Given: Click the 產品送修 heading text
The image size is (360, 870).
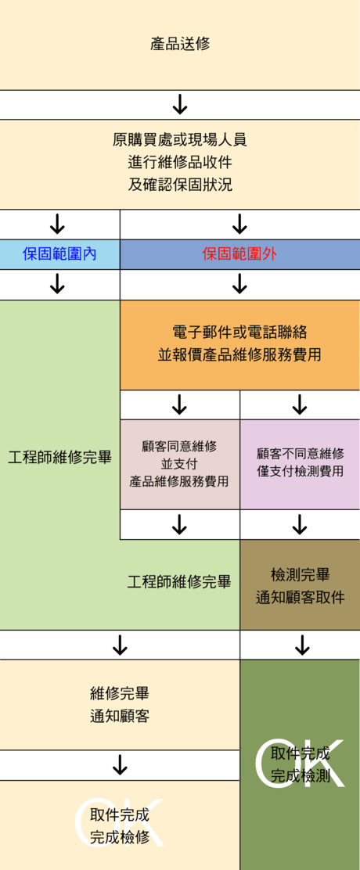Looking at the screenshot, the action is [180, 44].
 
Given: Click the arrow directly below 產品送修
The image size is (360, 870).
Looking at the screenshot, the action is [180, 104].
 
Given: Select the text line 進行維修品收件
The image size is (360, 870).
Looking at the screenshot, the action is [180, 162].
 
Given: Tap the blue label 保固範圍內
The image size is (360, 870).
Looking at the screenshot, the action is [59, 254].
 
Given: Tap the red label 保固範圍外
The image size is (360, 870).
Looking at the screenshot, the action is [239, 254].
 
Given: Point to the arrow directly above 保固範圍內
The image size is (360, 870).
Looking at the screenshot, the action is [58, 225].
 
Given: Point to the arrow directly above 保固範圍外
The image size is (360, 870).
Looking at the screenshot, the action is [239, 225].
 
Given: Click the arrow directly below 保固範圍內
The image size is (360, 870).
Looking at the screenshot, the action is [58, 284].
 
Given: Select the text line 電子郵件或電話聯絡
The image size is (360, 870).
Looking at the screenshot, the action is [239, 333].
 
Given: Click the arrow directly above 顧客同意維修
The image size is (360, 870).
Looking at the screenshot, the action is [179, 404].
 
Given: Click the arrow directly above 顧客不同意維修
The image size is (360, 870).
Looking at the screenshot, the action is [300, 404].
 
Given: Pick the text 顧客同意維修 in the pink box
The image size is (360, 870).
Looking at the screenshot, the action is [179, 445].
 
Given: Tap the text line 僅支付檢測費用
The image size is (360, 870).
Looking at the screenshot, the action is [300, 472].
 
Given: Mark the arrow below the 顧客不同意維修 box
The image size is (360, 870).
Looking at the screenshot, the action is [300, 524].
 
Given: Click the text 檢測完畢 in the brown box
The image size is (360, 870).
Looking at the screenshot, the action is [300, 573].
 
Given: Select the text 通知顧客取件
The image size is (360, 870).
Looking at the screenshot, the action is [300, 597].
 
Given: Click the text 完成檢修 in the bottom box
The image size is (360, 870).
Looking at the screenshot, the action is [120, 836].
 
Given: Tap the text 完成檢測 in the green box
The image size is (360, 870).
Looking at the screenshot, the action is [300, 775].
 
